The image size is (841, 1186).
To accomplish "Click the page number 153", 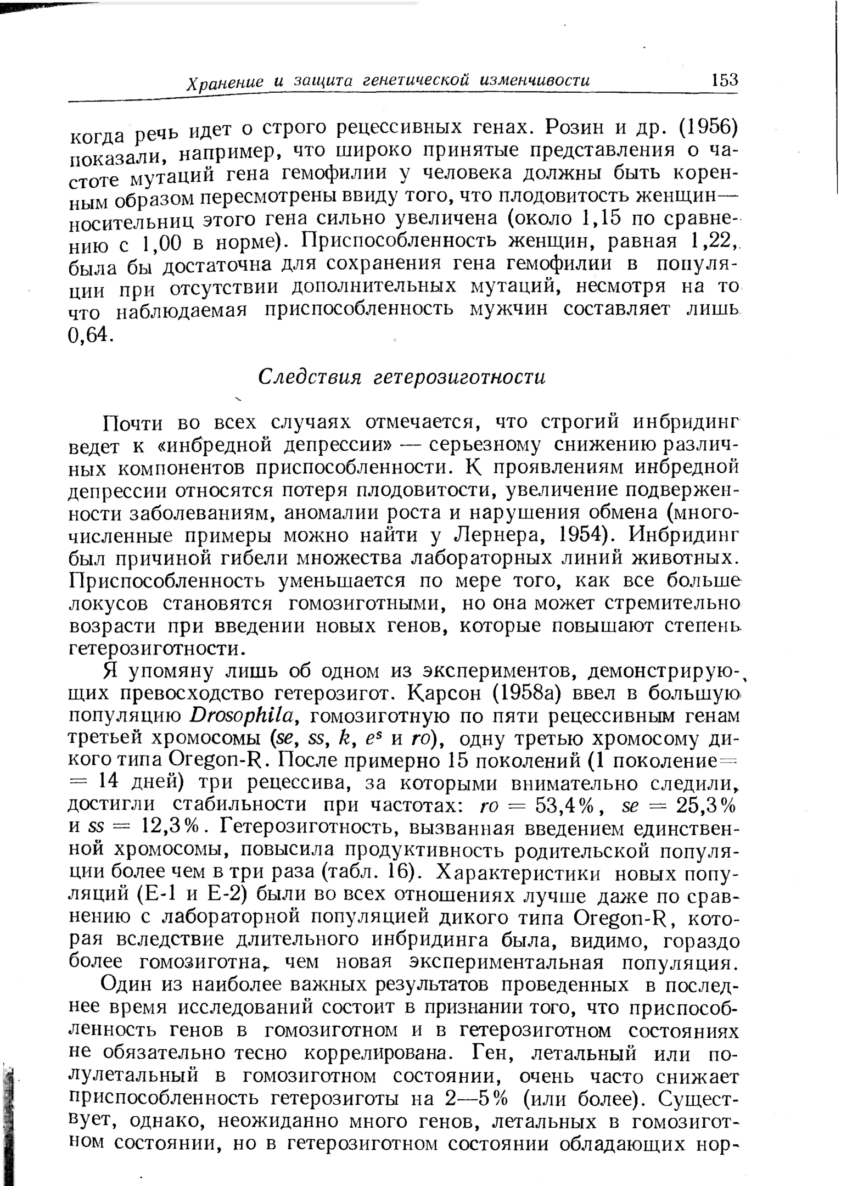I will pos(724,80).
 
